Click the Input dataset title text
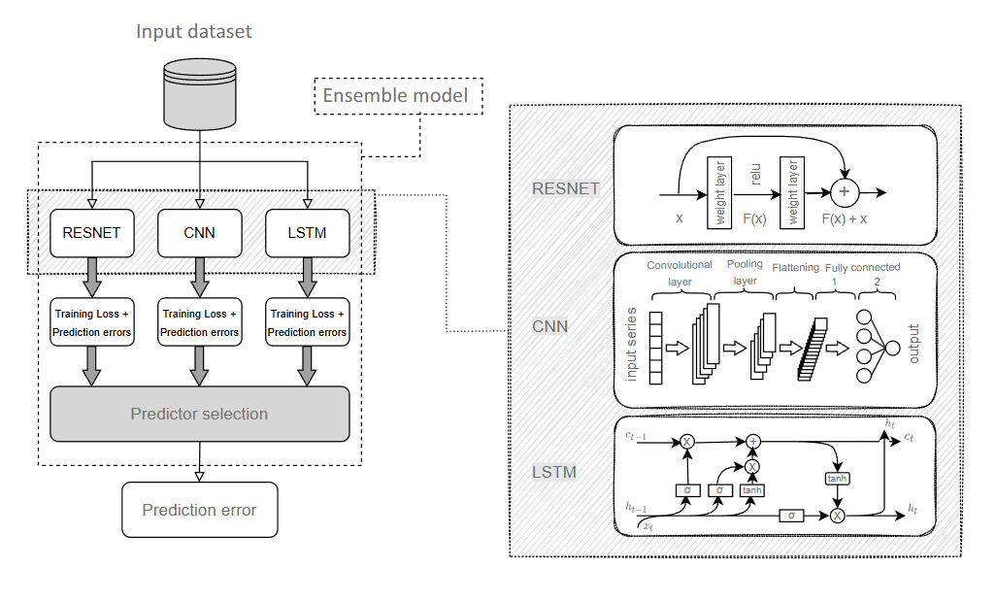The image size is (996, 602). [x=193, y=32]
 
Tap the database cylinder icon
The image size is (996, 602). [x=199, y=94]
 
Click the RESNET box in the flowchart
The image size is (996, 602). [x=91, y=233]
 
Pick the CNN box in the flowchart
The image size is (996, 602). [x=199, y=233]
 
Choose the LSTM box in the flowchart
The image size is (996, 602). [x=307, y=233]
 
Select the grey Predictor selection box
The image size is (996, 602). [x=199, y=414]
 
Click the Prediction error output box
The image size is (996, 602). [x=199, y=510]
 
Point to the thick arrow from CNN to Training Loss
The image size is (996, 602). [x=199, y=277]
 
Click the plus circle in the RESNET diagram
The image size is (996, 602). [x=844, y=192]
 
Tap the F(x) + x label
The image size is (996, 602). [x=844, y=219]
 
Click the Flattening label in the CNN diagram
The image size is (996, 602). [x=795, y=267]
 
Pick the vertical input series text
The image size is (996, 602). [x=632, y=344]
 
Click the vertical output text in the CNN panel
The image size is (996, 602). [x=913, y=344]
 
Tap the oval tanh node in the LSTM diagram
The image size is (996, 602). [x=837, y=479]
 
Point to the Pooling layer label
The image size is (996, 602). [x=745, y=273]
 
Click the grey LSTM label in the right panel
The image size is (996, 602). [x=553, y=473]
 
